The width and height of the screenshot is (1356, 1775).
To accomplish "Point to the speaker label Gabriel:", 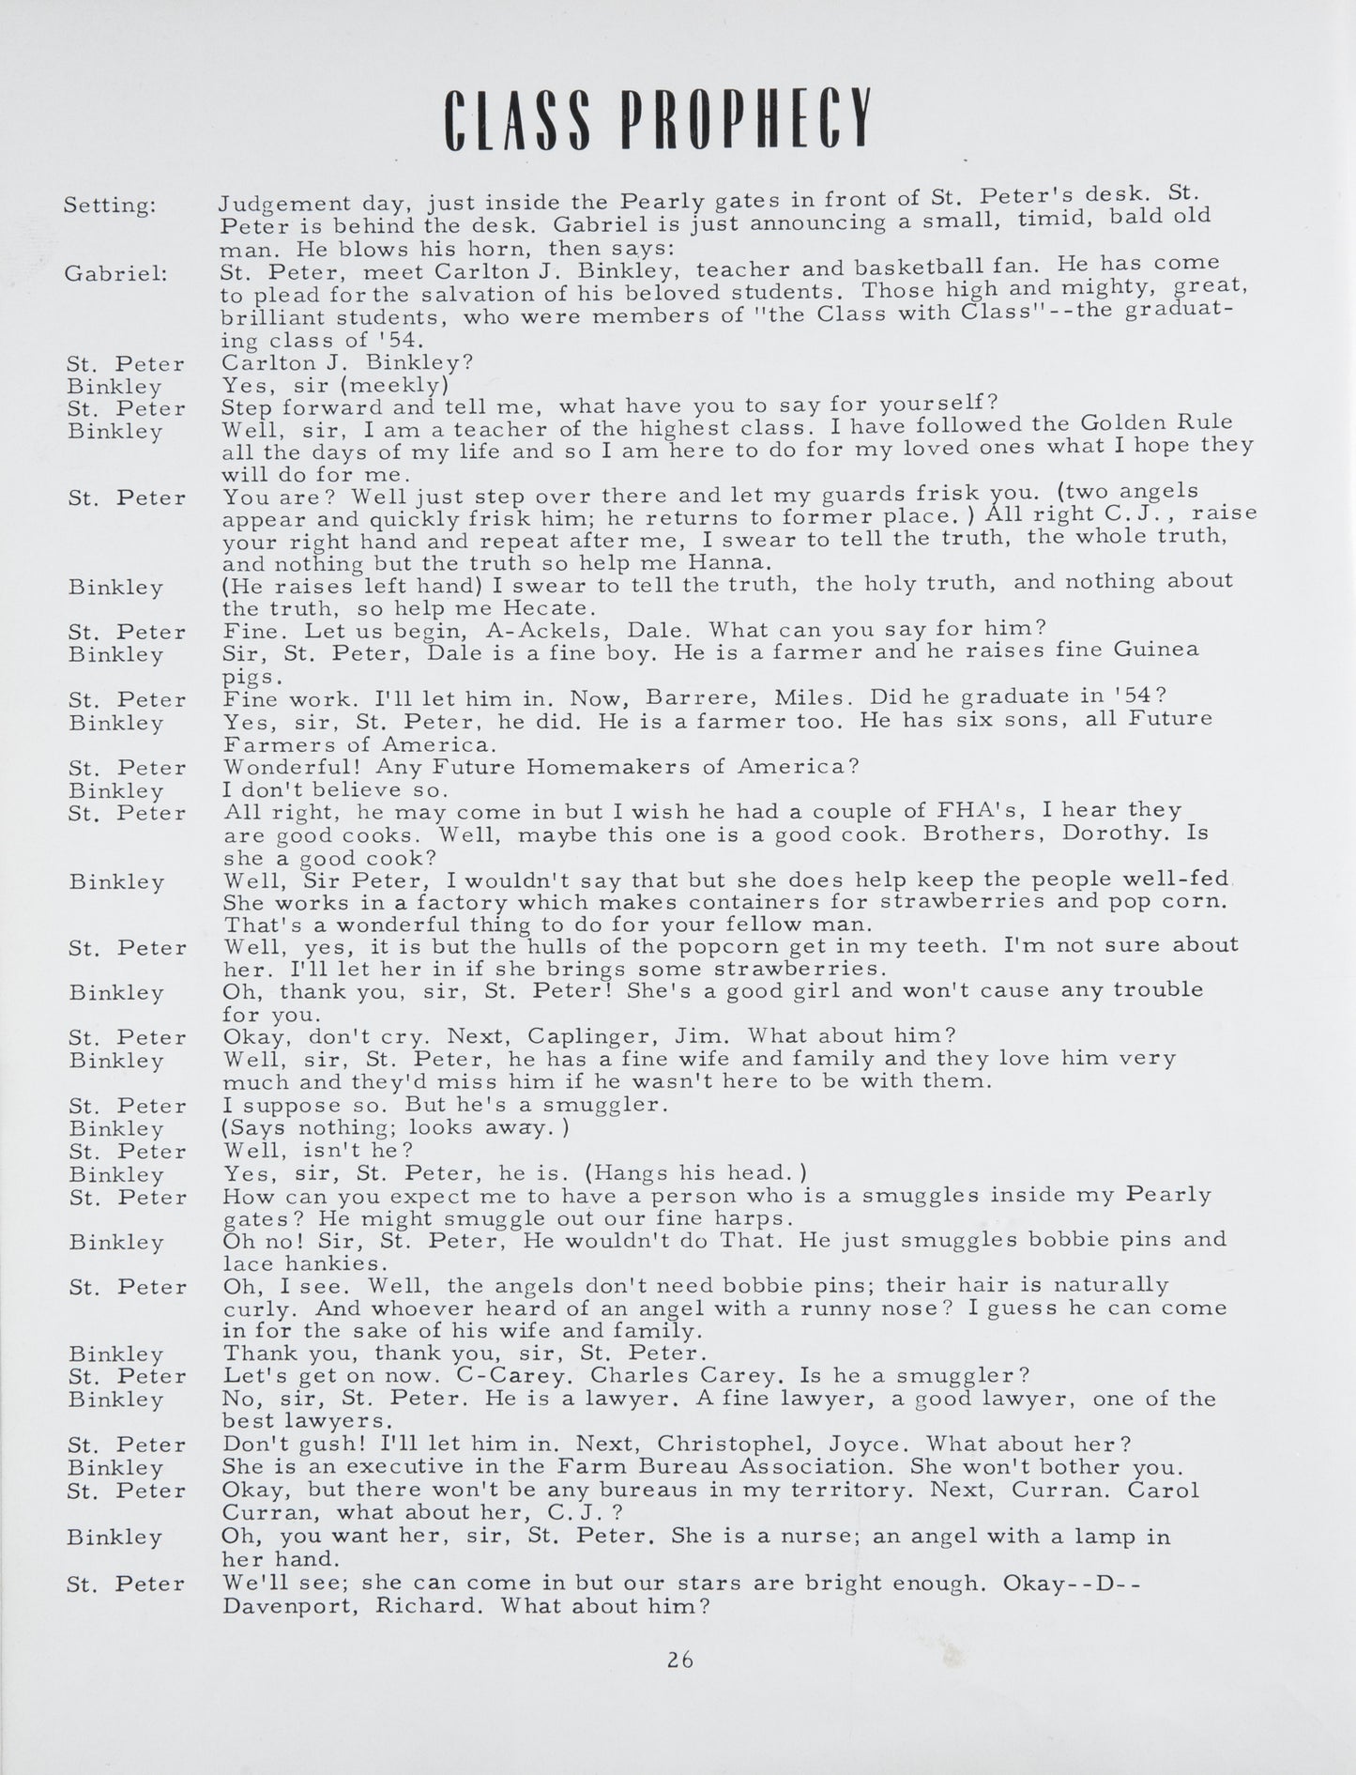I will coord(116,273).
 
